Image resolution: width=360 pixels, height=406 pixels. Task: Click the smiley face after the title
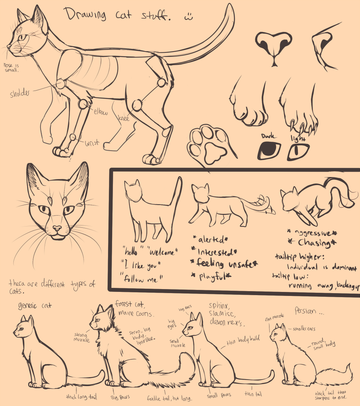pyautogui.click(x=188, y=17)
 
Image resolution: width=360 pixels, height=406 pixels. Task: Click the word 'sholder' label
pyautogui.click(x=20, y=94)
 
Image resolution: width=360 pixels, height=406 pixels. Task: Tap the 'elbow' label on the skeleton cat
pyautogui.click(x=101, y=112)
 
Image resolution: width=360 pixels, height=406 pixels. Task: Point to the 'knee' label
pyautogui.click(x=124, y=118)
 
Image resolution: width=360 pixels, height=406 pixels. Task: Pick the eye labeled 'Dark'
pyautogui.click(x=269, y=151)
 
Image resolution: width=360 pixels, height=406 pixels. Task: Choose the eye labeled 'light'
pyautogui.click(x=299, y=151)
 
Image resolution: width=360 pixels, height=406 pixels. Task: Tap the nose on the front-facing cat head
pyautogui.click(x=57, y=229)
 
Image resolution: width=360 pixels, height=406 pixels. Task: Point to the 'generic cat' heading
pyautogui.click(x=35, y=305)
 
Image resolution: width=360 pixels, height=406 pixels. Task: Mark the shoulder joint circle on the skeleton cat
pyautogui.click(x=61, y=84)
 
